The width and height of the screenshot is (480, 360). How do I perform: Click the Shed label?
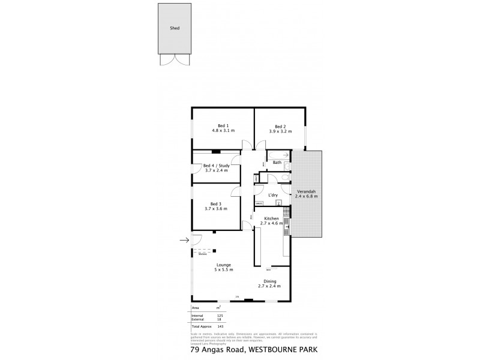[175, 28]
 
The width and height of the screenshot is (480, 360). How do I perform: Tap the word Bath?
[277, 162]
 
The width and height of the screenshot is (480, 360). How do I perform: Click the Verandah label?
[307, 193]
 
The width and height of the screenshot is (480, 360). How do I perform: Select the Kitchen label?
[271, 218]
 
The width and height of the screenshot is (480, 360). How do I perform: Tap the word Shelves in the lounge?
[203, 254]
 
